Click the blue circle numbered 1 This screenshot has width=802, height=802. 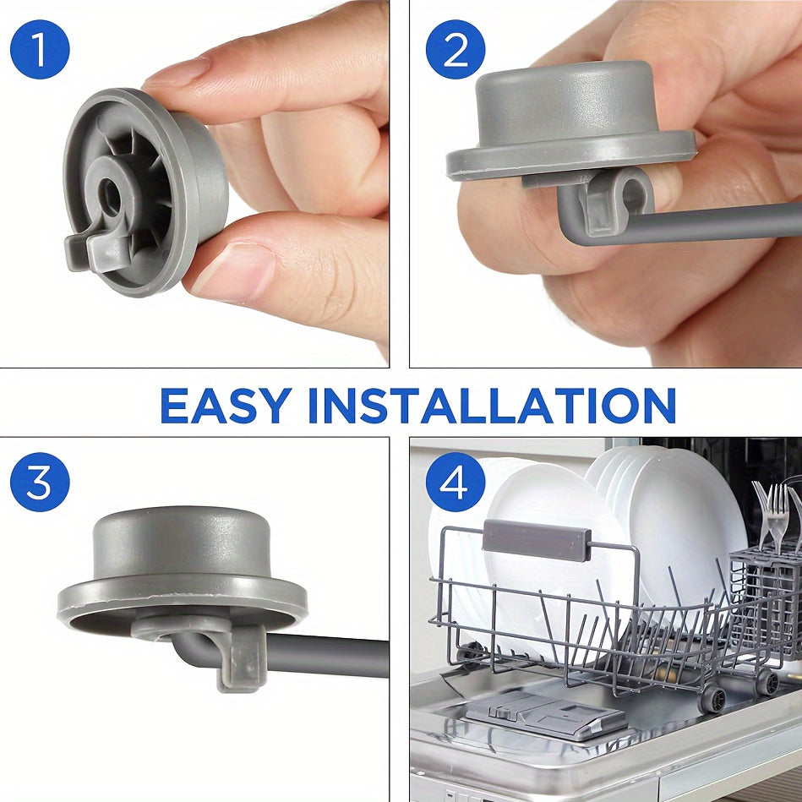[x=40, y=50]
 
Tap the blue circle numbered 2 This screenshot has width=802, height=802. [x=456, y=50]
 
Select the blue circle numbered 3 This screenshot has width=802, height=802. [x=40, y=482]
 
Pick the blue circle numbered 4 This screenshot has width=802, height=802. [x=456, y=482]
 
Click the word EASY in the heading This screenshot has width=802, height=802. [x=226, y=406]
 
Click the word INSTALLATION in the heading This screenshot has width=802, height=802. [x=492, y=406]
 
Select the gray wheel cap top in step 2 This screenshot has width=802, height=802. [x=566, y=100]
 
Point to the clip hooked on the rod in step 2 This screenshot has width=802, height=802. [x=614, y=201]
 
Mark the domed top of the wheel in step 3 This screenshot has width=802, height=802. [x=182, y=543]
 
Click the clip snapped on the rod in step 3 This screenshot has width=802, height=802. [x=240, y=657]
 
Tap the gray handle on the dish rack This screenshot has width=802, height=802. [x=536, y=541]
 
